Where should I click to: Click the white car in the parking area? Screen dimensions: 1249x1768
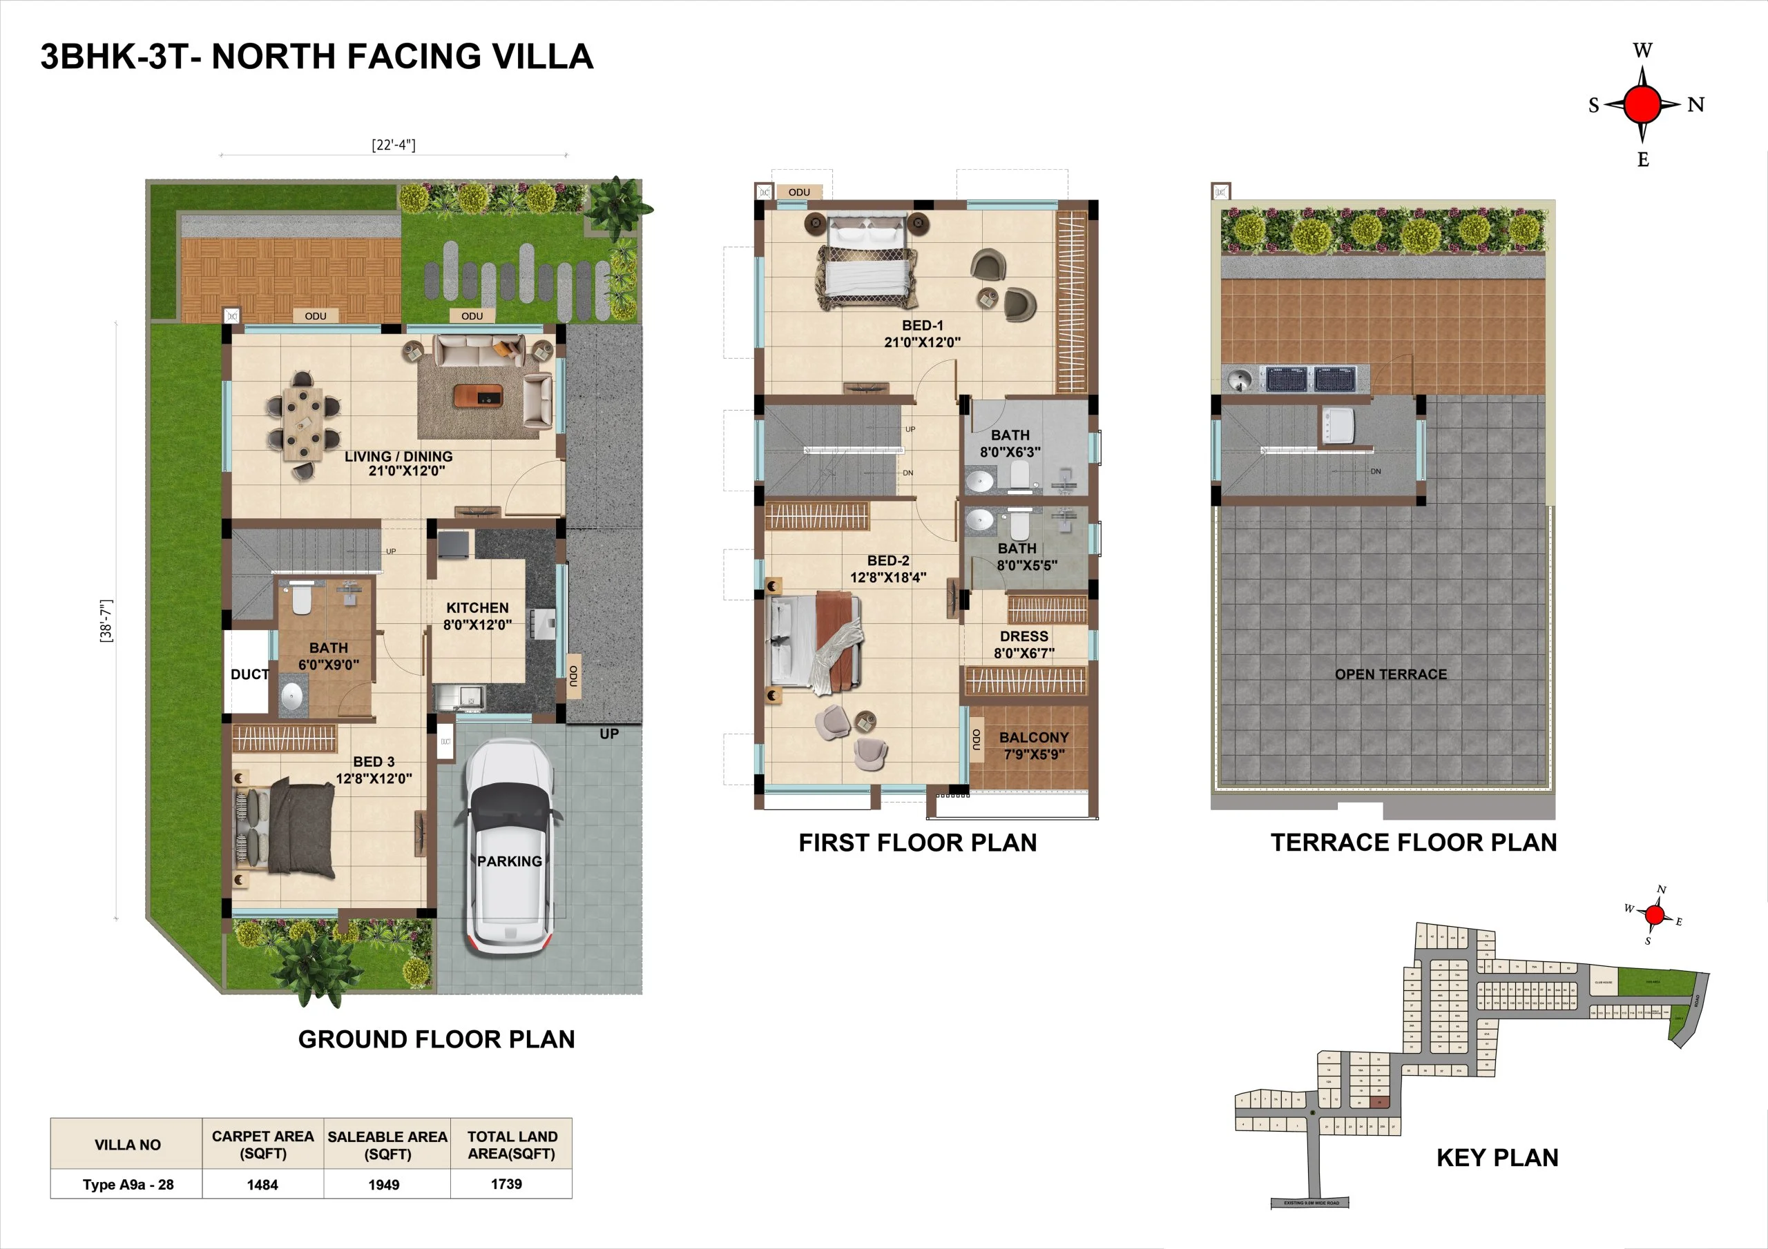point(509,847)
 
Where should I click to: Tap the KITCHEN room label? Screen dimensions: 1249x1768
point(477,609)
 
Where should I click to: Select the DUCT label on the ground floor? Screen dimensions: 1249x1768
point(249,674)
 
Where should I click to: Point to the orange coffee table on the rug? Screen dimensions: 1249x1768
point(477,395)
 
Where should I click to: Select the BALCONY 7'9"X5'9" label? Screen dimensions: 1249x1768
point(1033,746)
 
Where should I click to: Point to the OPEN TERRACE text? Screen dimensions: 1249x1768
point(1391,674)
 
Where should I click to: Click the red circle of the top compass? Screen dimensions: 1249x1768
point(1642,105)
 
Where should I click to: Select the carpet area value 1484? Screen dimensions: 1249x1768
point(262,1184)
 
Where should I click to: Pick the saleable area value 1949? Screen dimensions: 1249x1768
point(383,1184)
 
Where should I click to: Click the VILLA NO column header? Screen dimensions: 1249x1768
point(128,1144)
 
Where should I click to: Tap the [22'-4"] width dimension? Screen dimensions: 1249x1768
point(394,145)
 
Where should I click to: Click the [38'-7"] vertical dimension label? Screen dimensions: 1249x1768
point(106,620)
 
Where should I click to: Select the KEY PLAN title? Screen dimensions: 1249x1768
point(1497,1157)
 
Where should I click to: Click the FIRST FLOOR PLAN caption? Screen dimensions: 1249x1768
point(917,843)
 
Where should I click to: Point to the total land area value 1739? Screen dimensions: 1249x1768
point(507,1183)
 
